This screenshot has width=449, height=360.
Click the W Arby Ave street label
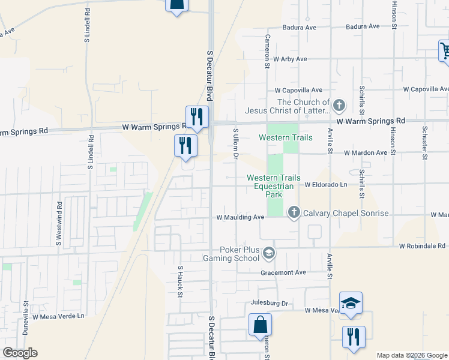[290, 59]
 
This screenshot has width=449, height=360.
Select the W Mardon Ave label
[366, 153]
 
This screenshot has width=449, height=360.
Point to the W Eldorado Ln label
[326, 185]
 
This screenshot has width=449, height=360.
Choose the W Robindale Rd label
[424, 246]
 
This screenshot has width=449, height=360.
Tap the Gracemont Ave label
[283, 272]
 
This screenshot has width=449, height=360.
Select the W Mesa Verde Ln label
[59, 316]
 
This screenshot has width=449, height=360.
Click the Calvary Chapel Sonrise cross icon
[294, 212]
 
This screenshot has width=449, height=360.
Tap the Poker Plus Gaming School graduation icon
[269, 253]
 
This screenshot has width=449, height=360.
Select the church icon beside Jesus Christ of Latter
[339, 106]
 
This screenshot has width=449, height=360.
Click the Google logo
[20, 353]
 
